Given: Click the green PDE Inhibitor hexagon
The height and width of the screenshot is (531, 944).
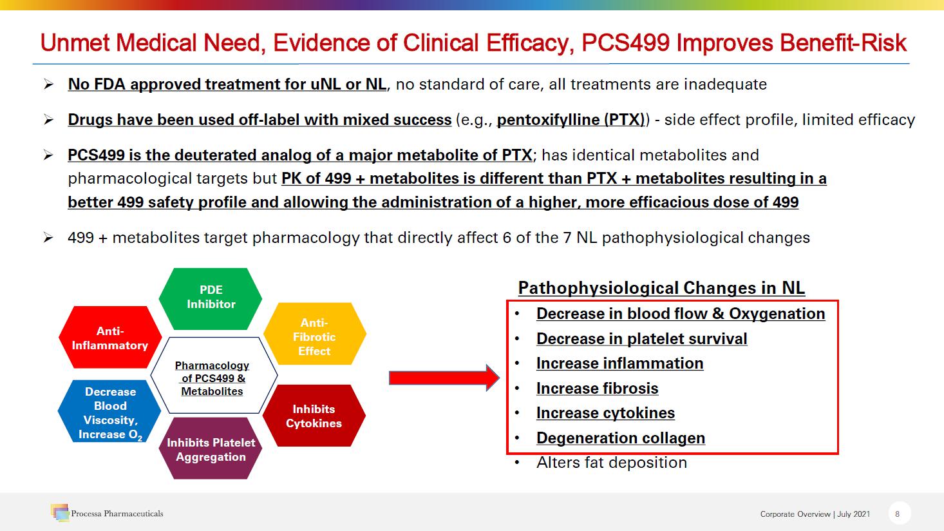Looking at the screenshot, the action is pyautogui.click(x=211, y=298).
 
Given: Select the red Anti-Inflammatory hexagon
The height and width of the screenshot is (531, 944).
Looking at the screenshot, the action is pyautogui.click(x=110, y=337).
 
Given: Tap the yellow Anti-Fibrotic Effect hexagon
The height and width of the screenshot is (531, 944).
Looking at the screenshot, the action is pyautogui.click(x=314, y=334).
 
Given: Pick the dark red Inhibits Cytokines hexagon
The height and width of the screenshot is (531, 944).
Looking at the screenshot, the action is pyautogui.click(x=314, y=416).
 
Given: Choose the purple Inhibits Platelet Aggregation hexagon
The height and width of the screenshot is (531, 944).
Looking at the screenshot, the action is pyautogui.click(x=211, y=449).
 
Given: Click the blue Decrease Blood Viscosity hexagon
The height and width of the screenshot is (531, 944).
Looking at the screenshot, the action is pyautogui.click(x=109, y=411).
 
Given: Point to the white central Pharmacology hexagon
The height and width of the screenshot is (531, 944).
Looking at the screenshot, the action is pyautogui.click(x=214, y=375).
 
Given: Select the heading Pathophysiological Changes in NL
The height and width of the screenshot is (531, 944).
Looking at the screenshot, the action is pyautogui.click(x=661, y=288).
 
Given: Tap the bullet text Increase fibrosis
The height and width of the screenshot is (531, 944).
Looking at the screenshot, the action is pyautogui.click(x=597, y=388).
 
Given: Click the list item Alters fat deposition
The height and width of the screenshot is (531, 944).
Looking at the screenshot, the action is pyautogui.click(x=612, y=462).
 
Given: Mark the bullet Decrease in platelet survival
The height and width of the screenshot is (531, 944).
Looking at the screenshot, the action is pyautogui.click(x=642, y=339).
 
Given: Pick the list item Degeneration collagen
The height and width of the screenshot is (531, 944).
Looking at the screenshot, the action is pyautogui.click(x=621, y=438).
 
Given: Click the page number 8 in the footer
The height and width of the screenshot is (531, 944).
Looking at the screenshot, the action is pyautogui.click(x=897, y=514).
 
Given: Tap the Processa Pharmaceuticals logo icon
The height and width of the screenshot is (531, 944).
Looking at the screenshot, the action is pyautogui.click(x=60, y=512).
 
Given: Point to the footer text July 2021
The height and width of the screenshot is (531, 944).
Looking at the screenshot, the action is pyautogui.click(x=853, y=514).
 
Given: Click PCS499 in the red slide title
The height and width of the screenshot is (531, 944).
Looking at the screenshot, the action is pyautogui.click(x=625, y=43).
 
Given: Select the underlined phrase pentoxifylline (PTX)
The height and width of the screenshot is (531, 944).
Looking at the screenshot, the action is pyautogui.click(x=571, y=120).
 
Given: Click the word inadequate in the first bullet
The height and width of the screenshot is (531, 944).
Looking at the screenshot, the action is pyautogui.click(x=725, y=84).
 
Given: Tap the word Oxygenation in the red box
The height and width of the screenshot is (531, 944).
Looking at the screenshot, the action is pyautogui.click(x=777, y=314).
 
